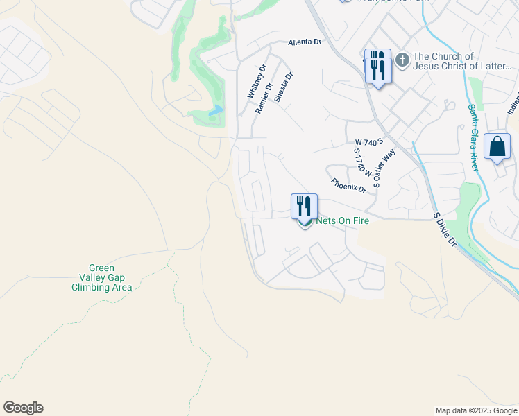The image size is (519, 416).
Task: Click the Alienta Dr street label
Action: pyautogui.click(x=305, y=42)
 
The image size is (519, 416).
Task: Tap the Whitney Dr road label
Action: pyautogui.click(x=253, y=82)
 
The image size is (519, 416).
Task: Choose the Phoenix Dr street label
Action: pyautogui.click(x=348, y=186)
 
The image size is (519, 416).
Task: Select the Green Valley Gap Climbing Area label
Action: pyautogui.click(x=101, y=277)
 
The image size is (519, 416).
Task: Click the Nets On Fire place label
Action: pyautogui.click(x=342, y=220)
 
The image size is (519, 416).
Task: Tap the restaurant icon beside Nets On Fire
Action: pyautogui.click(x=304, y=206)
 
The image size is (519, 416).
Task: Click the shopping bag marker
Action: pyautogui.click(x=497, y=146)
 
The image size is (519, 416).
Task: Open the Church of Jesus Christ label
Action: pyautogui.click(x=462, y=62)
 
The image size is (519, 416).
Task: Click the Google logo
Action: pyautogui.click(x=23, y=408)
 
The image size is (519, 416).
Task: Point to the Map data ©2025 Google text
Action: pyautogui.click(x=476, y=410)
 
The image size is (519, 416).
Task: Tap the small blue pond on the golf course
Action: pyautogui.click(x=216, y=110)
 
